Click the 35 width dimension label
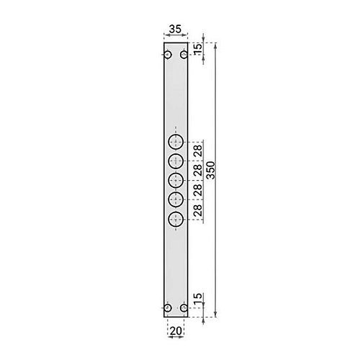pyautogui.click(x=175, y=30)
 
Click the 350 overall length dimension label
pyautogui.click(x=211, y=170)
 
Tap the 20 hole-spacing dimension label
pyautogui.click(x=176, y=331)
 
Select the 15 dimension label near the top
pyautogui.click(x=198, y=50)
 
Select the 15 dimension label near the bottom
pyautogui.click(x=198, y=299)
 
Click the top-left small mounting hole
pyautogui.click(x=168, y=55)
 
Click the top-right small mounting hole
pyautogui.click(x=184, y=55)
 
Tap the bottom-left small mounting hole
pyautogui.click(x=168, y=307)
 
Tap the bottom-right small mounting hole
pyautogui.click(x=184, y=307)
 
